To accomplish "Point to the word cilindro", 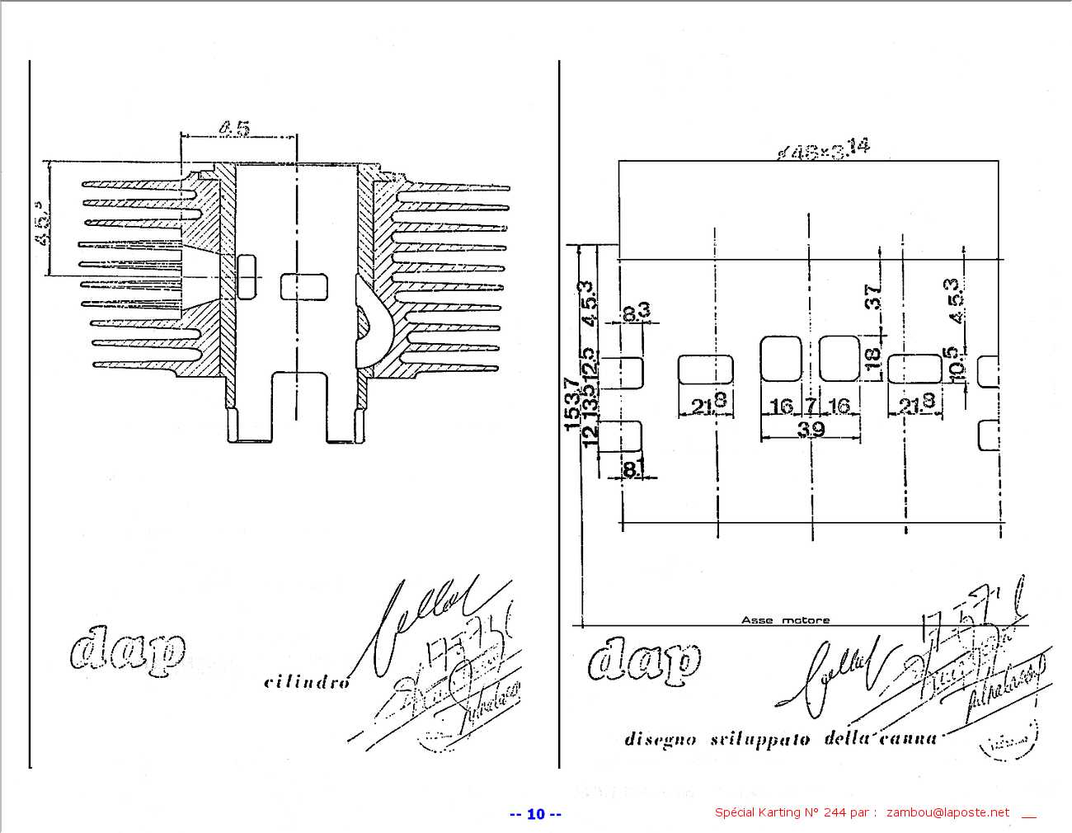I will click(x=307, y=682).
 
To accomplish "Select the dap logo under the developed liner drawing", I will click(x=644, y=660).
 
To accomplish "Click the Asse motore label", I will click(x=785, y=620).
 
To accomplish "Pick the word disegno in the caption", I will click(x=661, y=740).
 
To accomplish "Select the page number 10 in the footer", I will click(x=536, y=814).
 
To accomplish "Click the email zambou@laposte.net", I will click(x=947, y=812).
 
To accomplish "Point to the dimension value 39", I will click(x=811, y=429).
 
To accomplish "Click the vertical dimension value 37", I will click(x=873, y=296).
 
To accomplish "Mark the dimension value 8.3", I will click(x=636, y=311).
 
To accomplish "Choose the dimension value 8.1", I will click(x=631, y=468).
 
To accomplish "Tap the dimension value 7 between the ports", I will click(x=811, y=406).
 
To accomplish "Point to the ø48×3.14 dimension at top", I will click(x=824, y=150).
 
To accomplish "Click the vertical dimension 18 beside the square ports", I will click(x=872, y=359).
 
